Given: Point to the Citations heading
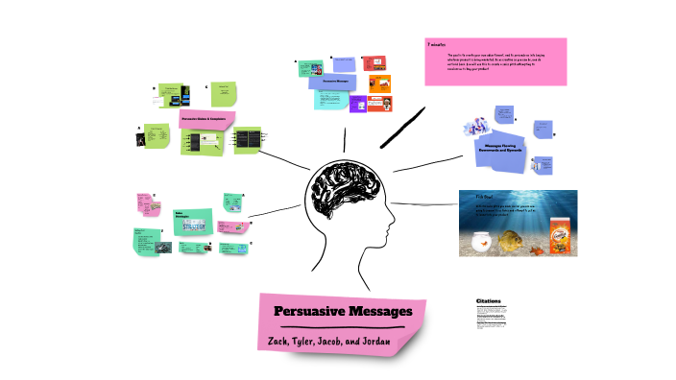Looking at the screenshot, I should click(488, 300).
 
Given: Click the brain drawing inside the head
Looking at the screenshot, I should click(343, 187).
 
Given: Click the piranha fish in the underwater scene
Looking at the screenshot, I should click(518, 242).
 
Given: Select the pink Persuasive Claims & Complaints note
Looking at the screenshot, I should click(206, 119).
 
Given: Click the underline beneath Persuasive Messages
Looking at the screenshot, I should click(344, 326).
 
